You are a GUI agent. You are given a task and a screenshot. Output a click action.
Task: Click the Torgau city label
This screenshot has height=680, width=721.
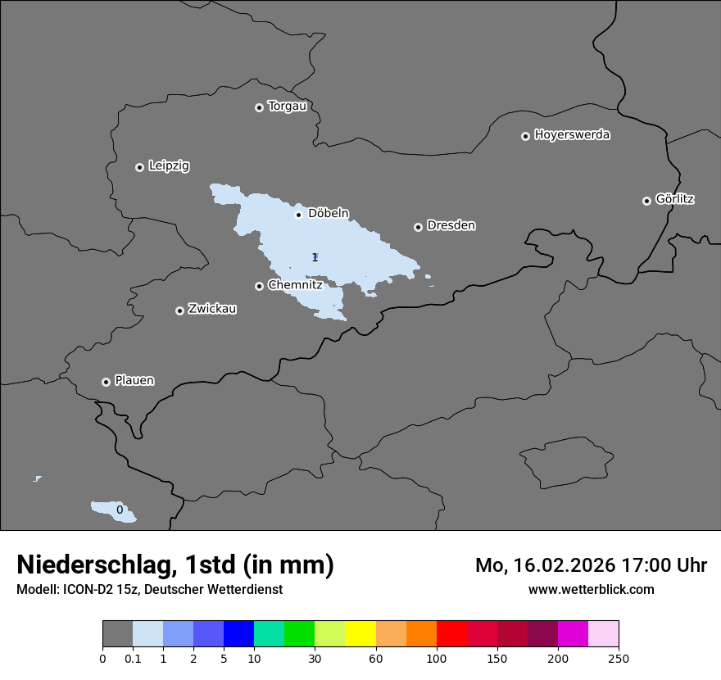click(x=287, y=107)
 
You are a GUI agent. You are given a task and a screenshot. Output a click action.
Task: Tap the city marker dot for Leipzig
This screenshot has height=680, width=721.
click(x=139, y=167)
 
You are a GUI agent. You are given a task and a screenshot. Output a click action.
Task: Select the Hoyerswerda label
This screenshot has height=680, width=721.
click(x=572, y=135)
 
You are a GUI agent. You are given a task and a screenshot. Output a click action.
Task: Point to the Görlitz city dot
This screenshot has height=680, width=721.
click(x=646, y=201)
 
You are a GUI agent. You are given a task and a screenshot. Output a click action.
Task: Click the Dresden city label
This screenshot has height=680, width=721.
click(x=451, y=225)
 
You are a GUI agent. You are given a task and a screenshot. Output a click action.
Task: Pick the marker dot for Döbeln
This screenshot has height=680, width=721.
click(x=298, y=215)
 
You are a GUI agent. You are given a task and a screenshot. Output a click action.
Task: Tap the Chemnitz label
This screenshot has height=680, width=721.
click(x=295, y=285)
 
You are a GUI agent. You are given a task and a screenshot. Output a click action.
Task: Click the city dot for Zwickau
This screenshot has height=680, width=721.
click(x=179, y=311)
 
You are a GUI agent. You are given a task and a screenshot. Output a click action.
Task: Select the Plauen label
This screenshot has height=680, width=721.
click(x=134, y=381)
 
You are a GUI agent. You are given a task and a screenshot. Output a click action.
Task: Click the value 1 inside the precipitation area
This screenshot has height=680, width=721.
click(x=315, y=257)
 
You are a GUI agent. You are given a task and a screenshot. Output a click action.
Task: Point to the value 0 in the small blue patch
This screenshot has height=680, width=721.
click(x=120, y=510)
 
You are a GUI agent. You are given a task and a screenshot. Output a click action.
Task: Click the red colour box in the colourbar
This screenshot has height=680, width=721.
click(x=451, y=634)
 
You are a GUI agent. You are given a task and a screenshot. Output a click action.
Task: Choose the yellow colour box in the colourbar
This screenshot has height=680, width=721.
click(x=360, y=634)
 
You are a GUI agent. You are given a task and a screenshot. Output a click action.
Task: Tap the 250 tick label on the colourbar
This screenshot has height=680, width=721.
click(x=619, y=659)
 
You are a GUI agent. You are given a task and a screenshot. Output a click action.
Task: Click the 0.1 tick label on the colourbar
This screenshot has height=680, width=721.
click(x=133, y=659)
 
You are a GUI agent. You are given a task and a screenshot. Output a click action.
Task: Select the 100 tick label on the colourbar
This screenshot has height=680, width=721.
click(x=437, y=659)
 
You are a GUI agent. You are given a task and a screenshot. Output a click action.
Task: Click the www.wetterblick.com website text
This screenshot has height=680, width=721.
click(x=591, y=589)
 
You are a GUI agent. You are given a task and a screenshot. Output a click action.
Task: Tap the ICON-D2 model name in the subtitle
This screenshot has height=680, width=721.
click(x=88, y=589)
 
